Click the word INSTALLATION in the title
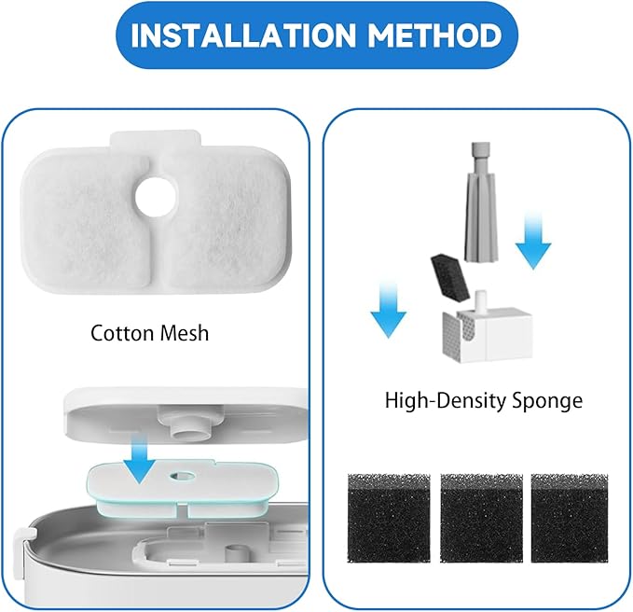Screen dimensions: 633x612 point(242,35)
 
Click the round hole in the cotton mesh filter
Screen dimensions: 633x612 point(156,197)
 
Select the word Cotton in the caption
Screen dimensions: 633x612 point(121,333)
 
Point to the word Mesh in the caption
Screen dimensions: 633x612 point(185,333)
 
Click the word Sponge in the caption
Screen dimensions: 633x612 point(547,401)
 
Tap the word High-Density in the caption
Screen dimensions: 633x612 point(446,401)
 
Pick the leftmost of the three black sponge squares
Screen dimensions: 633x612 point(389,518)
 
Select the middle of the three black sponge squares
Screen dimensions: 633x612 point(481,518)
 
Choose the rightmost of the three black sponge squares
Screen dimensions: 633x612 point(570,518)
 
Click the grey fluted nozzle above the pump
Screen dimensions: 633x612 point(480,202)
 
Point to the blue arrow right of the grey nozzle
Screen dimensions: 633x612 point(533,243)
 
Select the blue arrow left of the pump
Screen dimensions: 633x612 point(389,311)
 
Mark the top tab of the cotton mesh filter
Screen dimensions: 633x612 point(156,139)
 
